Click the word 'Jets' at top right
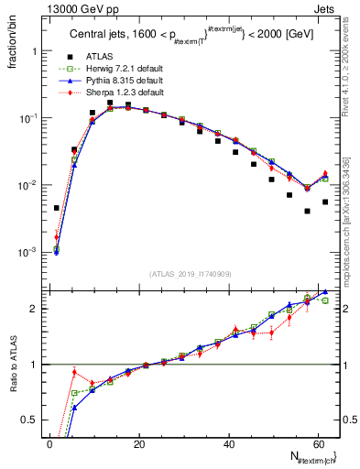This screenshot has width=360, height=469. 325,8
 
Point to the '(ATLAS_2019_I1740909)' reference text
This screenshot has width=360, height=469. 191,273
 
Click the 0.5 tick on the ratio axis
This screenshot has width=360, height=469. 30,420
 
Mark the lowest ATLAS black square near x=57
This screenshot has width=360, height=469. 307,211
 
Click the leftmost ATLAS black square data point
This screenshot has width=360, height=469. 57,208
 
